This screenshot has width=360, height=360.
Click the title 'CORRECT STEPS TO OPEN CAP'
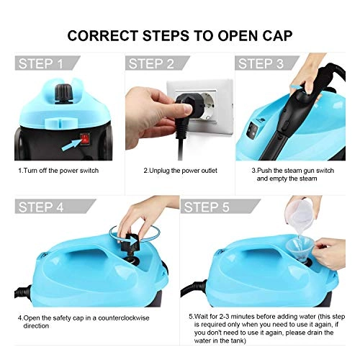(x=180, y=34)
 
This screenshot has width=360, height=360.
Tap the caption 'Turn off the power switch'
(x=59, y=171)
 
